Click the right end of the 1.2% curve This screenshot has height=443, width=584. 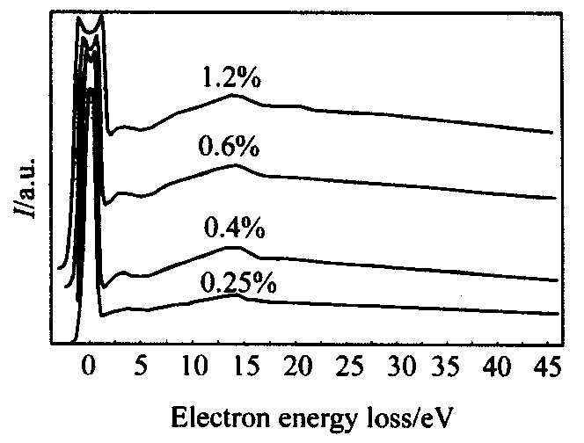551,133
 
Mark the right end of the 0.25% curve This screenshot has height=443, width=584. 558,314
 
